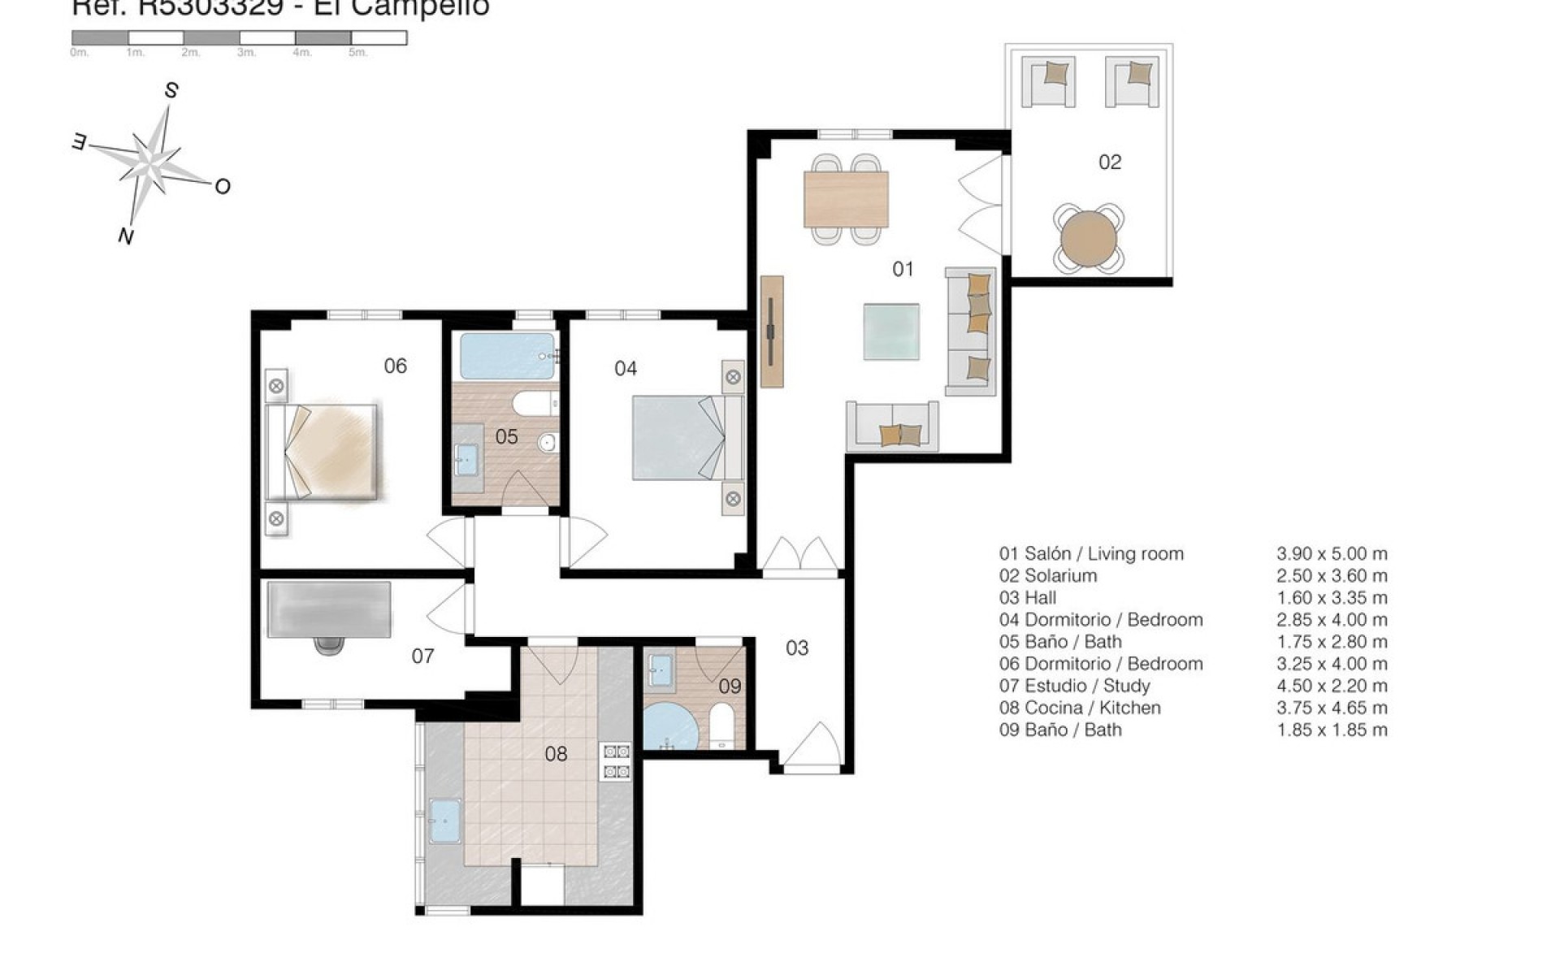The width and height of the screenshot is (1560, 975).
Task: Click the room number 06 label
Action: (x=395, y=366)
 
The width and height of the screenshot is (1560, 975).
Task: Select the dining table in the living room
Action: (x=845, y=199)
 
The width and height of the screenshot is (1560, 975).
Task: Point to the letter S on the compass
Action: (x=171, y=91)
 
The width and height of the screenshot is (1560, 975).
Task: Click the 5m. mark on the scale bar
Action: (x=357, y=53)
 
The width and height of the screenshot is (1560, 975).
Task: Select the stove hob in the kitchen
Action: (x=615, y=761)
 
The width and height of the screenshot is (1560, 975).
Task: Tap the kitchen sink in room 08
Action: (x=445, y=821)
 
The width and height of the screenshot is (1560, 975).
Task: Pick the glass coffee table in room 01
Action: (x=891, y=331)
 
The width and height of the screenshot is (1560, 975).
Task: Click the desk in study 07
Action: (x=329, y=609)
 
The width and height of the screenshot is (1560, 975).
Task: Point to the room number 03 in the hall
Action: (x=796, y=648)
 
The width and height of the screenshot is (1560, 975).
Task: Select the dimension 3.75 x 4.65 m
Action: (x=1332, y=708)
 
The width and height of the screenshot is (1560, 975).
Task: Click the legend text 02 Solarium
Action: (x=1047, y=576)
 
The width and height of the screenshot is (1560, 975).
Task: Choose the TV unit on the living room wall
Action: (x=772, y=331)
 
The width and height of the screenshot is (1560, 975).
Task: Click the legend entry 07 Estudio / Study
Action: (x=1074, y=686)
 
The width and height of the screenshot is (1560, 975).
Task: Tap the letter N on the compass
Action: (x=126, y=236)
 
